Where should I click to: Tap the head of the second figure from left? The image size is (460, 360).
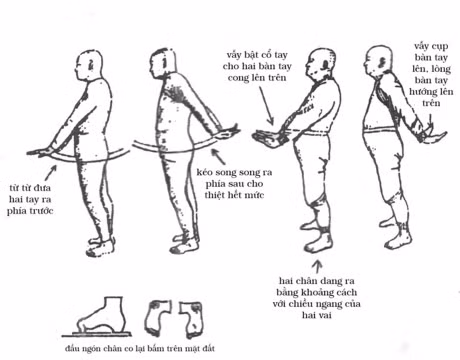162,64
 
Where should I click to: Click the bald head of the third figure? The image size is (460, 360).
320,64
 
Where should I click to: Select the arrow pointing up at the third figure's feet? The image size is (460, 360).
318,266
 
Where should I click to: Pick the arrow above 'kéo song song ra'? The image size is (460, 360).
218,156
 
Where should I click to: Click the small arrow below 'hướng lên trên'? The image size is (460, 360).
430,121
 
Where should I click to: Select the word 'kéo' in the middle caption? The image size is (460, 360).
204,172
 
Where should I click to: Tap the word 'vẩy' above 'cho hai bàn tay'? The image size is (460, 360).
234,54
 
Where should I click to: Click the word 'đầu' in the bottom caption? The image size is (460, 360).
72,349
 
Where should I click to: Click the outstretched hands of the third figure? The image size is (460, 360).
269,138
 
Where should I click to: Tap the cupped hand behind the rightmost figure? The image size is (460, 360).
432,136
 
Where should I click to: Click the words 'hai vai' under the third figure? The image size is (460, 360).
317,315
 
